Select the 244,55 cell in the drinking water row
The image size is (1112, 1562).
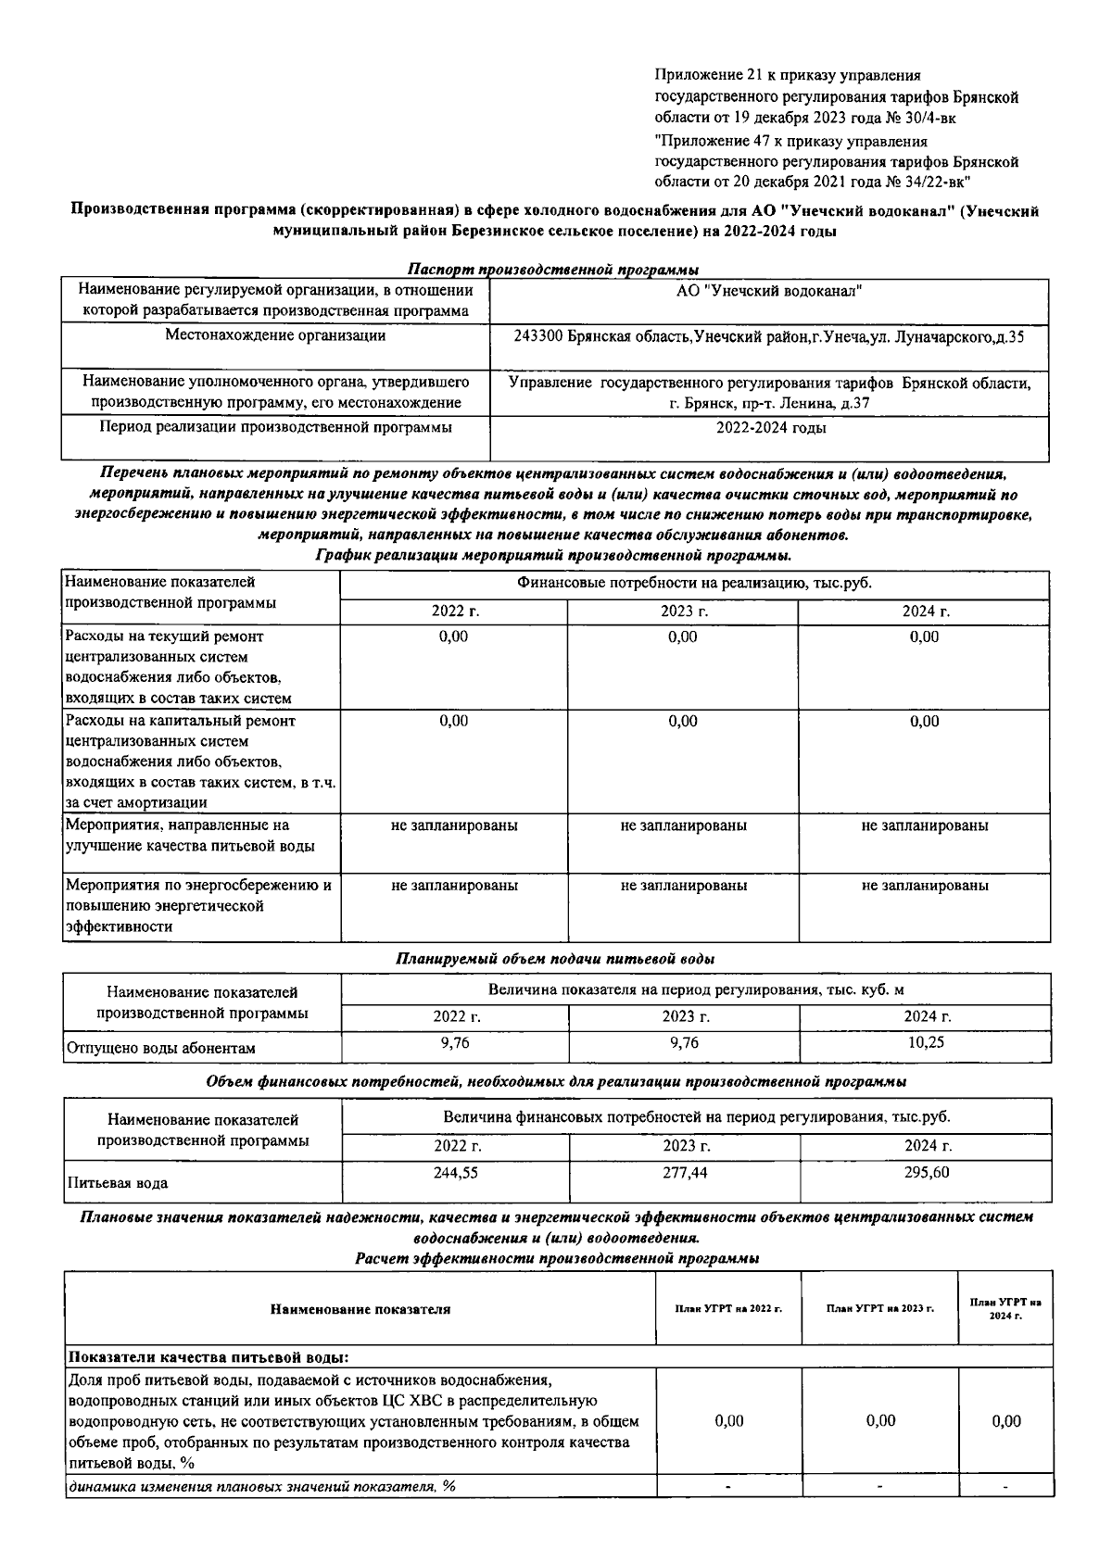(456, 1172)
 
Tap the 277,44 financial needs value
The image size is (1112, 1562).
(684, 1172)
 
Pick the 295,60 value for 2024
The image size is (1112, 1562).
(926, 1172)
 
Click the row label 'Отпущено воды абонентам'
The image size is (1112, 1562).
(161, 1048)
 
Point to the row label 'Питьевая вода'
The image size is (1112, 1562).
(118, 1183)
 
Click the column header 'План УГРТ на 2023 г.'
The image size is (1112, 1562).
(880, 1309)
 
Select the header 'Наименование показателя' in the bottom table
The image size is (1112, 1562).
(360, 1309)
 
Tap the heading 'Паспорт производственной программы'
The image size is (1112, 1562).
(554, 270)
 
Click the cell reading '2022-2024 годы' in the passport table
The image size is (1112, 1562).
(771, 428)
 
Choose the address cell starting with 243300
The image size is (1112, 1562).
(768, 337)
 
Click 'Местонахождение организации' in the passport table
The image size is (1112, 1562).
(275, 336)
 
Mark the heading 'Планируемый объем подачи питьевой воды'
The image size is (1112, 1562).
(555, 959)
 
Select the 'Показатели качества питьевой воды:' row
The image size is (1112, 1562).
(209, 1357)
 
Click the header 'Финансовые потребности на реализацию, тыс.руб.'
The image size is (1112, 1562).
(694, 584)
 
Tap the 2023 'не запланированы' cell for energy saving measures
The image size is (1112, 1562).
(684, 886)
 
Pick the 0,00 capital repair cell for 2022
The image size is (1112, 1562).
(453, 721)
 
